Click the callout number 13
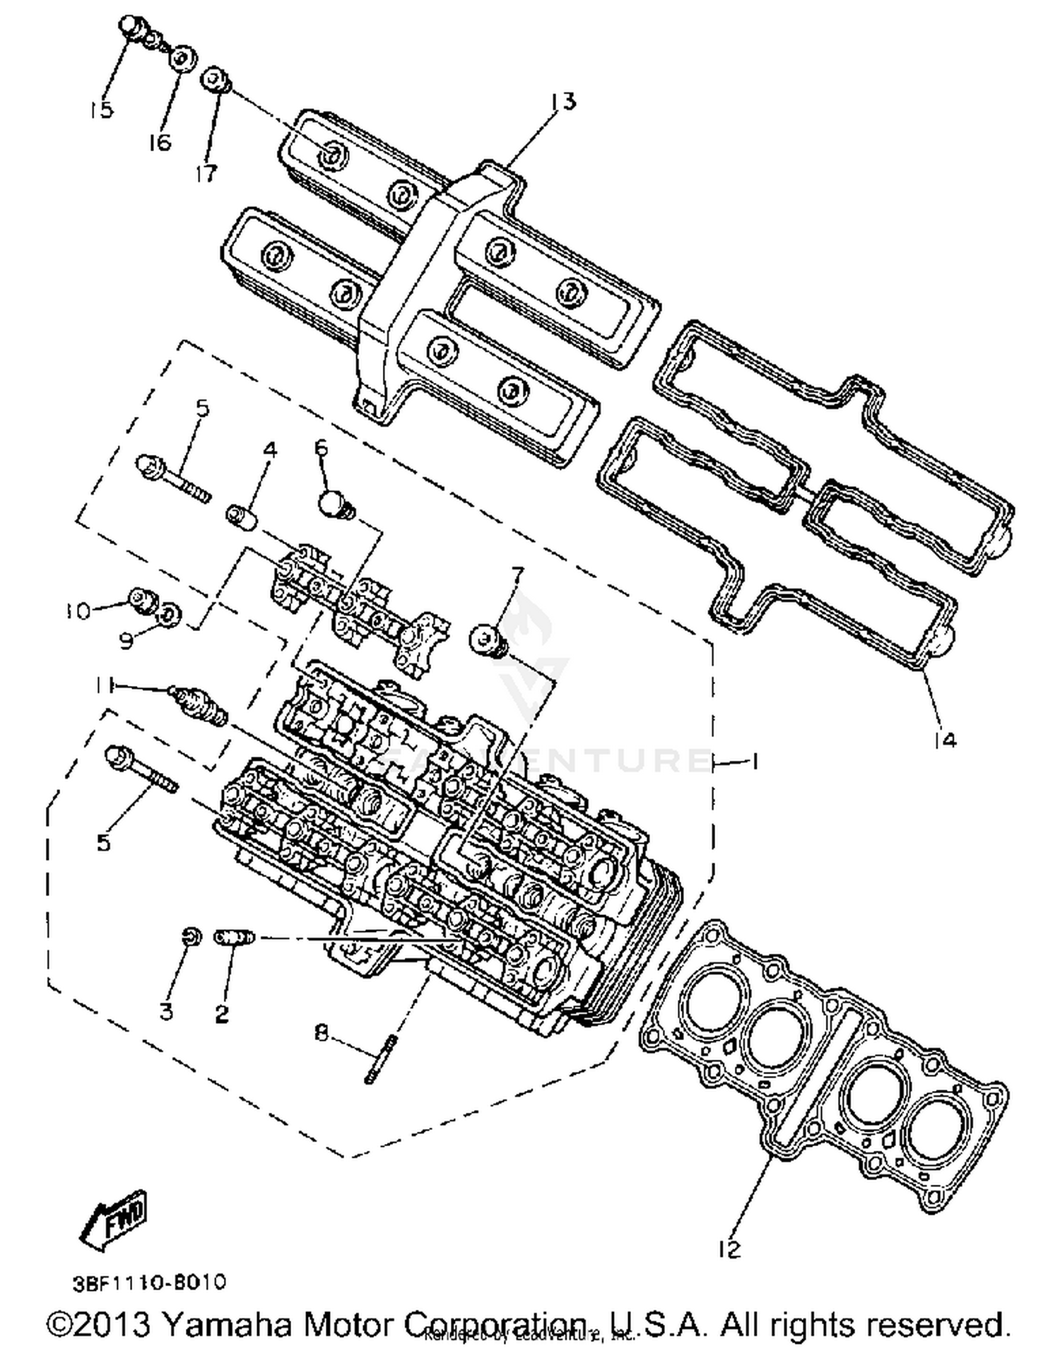click(563, 102)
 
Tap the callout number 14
click(944, 740)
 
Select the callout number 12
click(729, 1249)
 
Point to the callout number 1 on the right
click(754, 761)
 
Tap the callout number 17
click(206, 173)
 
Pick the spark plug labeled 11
click(198, 704)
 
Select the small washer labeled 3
click(189, 937)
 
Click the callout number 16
click(160, 142)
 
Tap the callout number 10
click(78, 610)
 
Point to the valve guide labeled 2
click(234, 937)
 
